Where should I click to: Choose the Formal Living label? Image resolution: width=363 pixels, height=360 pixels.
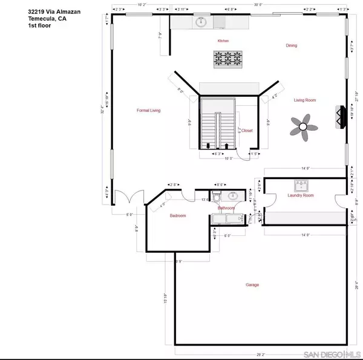(x=149, y=111)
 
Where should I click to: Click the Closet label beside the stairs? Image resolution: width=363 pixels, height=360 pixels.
(x=247, y=130)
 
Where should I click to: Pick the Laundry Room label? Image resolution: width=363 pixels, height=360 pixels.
(x=300, y=195)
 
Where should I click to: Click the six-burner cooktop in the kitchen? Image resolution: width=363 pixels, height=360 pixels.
(x=226, y=59)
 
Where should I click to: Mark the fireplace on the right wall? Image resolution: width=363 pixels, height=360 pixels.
(x=339, y=117)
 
